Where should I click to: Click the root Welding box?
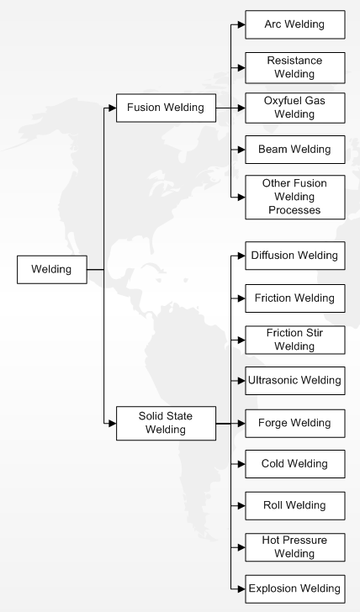(52, 269)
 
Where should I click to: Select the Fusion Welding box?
(166, 108)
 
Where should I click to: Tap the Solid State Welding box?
(166, 423)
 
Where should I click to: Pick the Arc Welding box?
(295, 24)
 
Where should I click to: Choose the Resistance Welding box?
(295, 67)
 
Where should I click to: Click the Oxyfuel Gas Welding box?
(295, 108)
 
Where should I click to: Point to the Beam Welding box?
(295, 150)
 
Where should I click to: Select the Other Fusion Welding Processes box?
(295, 197)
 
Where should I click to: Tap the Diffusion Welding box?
(295, 256)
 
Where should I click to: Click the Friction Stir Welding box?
(295, 340)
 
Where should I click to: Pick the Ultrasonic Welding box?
(295, 381)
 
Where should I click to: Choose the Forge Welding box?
(295, 423)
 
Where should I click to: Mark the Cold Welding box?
(295, 464)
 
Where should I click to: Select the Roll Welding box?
(295, 506)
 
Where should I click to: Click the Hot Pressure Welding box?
(295, 547)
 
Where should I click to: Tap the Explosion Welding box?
(295, 589)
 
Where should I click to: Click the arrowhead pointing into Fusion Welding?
(113, 108)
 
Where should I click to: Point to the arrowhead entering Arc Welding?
(241, 24)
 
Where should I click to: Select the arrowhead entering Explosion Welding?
(241, 589)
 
